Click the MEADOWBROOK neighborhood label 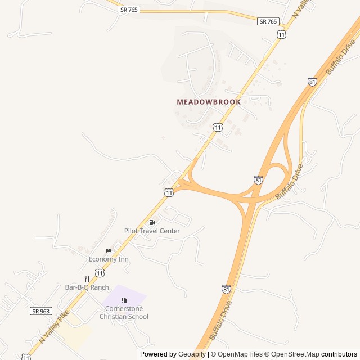click(x=209, y=102)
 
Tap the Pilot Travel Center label click(x=152, y=231)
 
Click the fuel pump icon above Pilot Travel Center click(x=152, y=223)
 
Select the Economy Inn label click(x=109, y=259)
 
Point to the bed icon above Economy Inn click(x=109, y=251)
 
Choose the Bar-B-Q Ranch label click(x=87, y=287)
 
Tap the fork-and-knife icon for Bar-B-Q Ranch click(x=87, y=279)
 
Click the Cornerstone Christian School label click(x=124, y=312)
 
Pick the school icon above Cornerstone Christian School click(x=124, y=300)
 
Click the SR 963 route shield click(x=40, y=310)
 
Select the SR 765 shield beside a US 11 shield click(x=268, y=21)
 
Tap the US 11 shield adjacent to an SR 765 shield click(x=281, y=34)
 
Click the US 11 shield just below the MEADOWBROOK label click(x=218, y=127)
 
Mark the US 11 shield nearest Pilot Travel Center click(x=169, y=192)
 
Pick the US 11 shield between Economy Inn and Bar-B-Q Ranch click(x=100, y=272)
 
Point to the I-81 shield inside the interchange click(x=258, y=180)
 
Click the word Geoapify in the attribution click(x=192, y=354)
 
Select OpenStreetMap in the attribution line click(x=292, y=354)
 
